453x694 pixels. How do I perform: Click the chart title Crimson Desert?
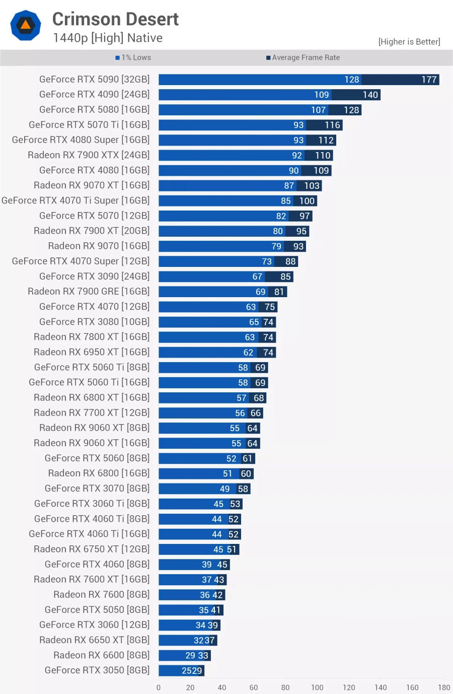point(115,19)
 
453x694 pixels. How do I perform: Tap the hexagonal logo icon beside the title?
point(26,25)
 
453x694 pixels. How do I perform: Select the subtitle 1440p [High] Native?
point(108,38)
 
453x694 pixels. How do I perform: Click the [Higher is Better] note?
point(409,42)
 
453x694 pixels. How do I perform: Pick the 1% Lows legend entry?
point(133,58)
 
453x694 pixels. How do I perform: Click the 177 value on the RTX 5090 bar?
point(429,80)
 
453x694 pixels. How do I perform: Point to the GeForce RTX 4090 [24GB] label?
point(94,95)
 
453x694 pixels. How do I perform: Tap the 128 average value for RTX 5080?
point(351,110)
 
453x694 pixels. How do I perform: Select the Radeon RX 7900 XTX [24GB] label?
point(89,155)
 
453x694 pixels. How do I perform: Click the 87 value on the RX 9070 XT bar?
point(289,186)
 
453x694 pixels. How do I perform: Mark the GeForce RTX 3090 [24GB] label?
point(94,276)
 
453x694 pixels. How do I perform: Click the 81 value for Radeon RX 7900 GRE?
point(279,292)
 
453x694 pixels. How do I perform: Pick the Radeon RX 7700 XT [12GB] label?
point(92,413)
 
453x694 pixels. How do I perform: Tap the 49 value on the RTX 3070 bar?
point(224,489)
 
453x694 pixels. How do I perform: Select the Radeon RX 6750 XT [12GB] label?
point(92,549)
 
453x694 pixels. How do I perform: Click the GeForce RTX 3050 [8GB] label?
point(97,670)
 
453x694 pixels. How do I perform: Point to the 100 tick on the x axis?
point(317,687)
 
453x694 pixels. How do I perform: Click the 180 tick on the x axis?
point(444,687)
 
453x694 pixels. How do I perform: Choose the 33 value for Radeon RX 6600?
point(203,655)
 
